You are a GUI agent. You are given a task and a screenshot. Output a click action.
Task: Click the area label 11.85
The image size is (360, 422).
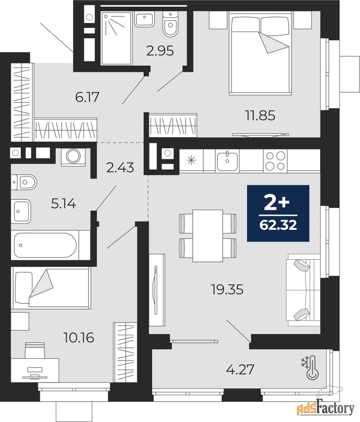tap(260, 115)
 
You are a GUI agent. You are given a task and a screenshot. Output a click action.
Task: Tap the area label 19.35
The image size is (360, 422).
tap(227, 290)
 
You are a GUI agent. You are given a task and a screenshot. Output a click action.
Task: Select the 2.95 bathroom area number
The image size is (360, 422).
tap(160, 51)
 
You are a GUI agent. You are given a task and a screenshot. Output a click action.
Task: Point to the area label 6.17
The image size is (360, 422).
tap(87, 97)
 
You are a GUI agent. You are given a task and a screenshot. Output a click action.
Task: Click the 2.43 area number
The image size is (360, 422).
tap(120, 168)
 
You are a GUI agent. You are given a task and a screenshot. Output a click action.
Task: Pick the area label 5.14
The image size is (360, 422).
tap(64, 204)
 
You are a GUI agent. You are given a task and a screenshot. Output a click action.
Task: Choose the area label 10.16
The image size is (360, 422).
tap(79, 338)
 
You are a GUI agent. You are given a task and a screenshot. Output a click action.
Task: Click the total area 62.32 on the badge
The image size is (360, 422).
tap(278, 225)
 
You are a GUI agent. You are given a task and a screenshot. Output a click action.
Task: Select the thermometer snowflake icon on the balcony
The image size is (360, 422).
tap(310, 368)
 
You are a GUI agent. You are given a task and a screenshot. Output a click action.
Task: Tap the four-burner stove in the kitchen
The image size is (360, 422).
tap(275, 161)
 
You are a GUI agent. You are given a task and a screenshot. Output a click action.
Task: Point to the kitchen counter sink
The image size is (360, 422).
tap(227, 161)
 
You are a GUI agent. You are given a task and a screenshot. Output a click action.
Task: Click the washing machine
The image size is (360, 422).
tap(72, 157)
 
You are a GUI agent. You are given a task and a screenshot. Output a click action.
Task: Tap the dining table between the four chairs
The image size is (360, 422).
tap(208, 235)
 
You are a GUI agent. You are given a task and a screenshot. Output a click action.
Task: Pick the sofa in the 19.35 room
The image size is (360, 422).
tap(303, 290)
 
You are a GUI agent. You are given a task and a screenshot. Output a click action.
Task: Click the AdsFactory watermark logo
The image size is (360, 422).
tap(326, 408)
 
